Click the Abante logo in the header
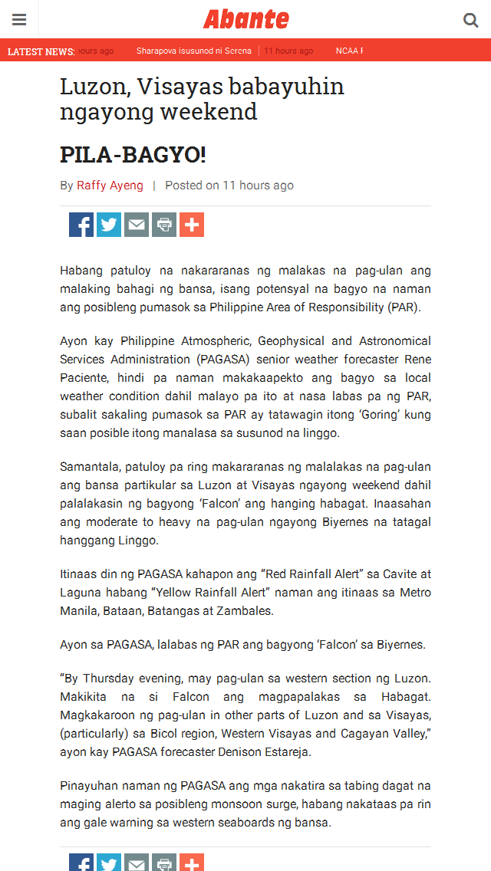pyautogui.click(x=245, y=19)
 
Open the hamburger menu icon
pyautogui.click(x=19, y=20)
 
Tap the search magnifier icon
pyautogui.click(x=470, y=20)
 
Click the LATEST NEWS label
pyautogui.click(x=41, y=51)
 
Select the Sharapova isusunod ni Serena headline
pyautogui.click(x=193, y=51)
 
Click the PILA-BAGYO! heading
pyautogui.click(x=133, y=155)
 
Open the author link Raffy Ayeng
pyautogui.click(x=110, y=186)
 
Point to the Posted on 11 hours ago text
pyautogui.click(x=229, y=186)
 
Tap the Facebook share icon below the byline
pyautogui.click(x=81, y=225)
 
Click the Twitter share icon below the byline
pyautogui.click(x=109, y=225)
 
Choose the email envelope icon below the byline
pyautogui.click(x=137, y=225)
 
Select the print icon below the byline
pyautogui.click(x=164, y=225)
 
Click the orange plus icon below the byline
pyautogui.click(x=192, y=225)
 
